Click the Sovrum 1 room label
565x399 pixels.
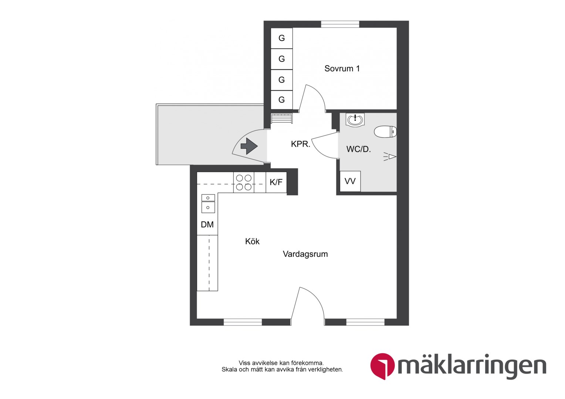[342, 68]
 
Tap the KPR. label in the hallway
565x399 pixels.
[300, 144]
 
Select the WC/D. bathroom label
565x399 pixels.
[358, 149]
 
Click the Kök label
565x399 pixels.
[252, 241]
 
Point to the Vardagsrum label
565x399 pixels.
[305, 254]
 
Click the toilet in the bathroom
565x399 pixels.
[385, 132]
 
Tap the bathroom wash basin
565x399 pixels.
[355, 120]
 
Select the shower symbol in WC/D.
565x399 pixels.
[390, 157]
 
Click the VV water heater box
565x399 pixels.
[350, 181]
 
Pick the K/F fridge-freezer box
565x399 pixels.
[276, 182]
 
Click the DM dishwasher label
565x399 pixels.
[207, 224]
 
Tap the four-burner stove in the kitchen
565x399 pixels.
[244, 182]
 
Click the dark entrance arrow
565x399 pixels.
[249, 146]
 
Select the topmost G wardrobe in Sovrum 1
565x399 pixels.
[281, 38]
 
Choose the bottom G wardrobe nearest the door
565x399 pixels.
[281, 99]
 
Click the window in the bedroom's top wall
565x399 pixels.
[340, 24]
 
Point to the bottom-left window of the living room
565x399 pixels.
[243, 322]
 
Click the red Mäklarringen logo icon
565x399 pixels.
[382, 366]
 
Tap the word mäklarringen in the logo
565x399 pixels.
[472, 367]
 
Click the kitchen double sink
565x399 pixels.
[208, 204]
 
